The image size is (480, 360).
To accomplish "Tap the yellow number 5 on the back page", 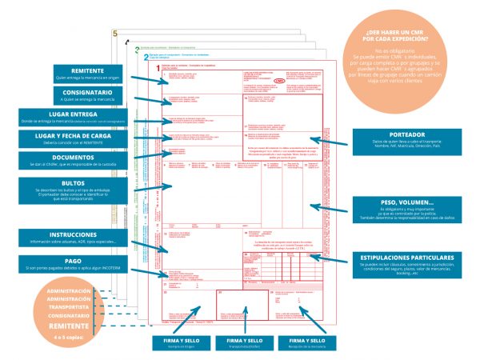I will pyautogui.click(x=115, y=34).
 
